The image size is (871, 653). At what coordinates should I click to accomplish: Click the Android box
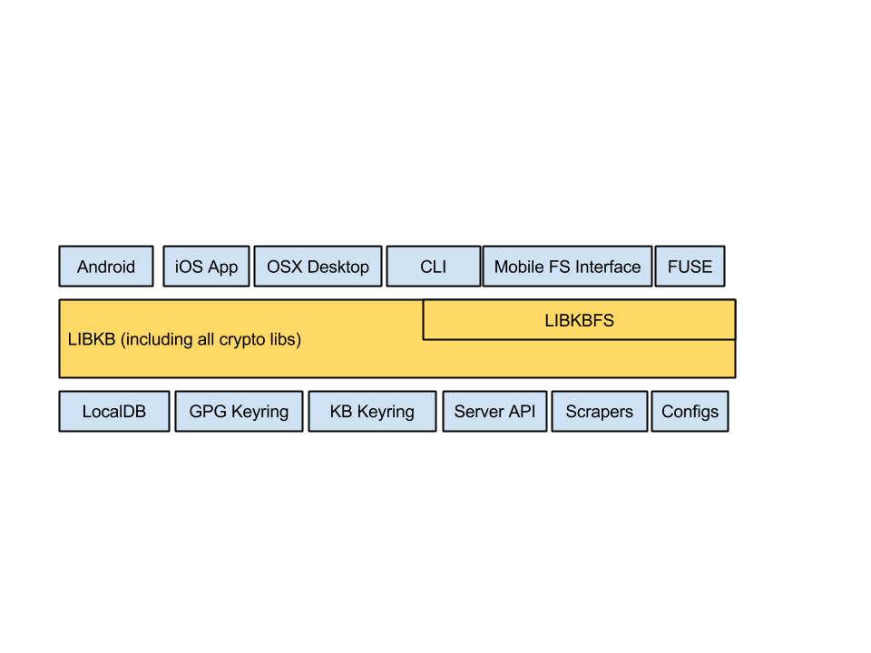pos(106,267)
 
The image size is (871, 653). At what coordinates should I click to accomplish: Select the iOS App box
pos(206,267)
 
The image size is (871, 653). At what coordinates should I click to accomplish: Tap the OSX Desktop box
pos(318,267)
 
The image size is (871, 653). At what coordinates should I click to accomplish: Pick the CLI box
pos(434,267)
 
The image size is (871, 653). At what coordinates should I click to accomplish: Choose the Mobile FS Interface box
pos(567,267)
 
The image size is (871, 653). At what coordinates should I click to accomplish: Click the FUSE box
pos(690,267)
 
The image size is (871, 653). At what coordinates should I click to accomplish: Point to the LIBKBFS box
pos(580,320)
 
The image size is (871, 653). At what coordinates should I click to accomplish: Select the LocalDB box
pos(114,412)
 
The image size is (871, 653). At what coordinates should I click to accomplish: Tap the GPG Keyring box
pos(239,412)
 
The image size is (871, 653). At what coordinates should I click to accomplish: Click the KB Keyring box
pos(372,412)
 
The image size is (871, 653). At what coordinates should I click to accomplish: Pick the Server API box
pos(494,412)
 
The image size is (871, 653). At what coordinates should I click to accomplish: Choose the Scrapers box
pos(600,412)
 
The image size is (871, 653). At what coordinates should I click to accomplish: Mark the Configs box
pos(690,412)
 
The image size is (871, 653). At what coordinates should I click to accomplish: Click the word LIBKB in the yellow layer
pos(92,339)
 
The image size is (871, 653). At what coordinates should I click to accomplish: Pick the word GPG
pos(208,412)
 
